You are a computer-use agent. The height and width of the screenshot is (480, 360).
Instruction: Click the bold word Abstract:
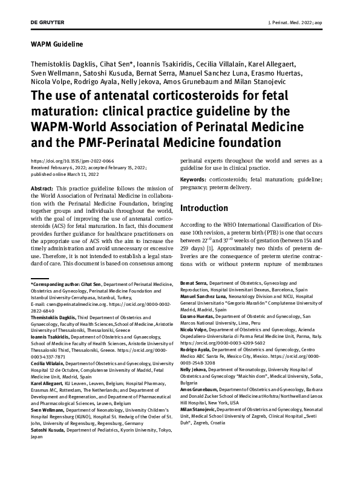[45, 190]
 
